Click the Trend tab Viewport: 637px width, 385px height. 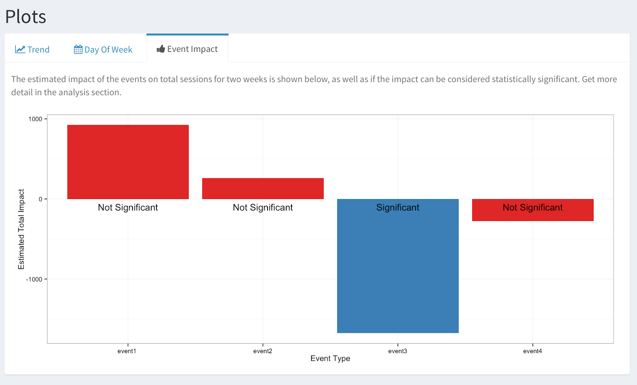[x=32, y=49]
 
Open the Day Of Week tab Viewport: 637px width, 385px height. [x=103, y=49]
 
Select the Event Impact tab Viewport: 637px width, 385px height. [x=188, y=49]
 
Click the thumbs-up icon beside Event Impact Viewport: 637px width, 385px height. [x=161, y=49]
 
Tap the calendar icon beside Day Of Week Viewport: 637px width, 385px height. [x=78, y=49]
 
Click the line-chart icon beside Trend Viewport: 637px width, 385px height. [x=20, y=49]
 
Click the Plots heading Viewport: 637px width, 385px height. [x=25, y=17]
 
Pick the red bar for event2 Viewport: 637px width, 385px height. [x=263, y=188]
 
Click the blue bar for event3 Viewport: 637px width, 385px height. [x=398, y=271]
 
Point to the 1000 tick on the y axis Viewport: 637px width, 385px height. [x=35, y=119]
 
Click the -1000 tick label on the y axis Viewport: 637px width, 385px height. [x=34, y=279]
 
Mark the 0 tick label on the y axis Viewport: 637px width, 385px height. [x=40, y=199]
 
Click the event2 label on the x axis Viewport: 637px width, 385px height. [x=263, y=351]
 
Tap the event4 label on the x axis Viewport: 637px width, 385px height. [x=533, y=351]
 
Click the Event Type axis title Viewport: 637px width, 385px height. [x=330, y=358]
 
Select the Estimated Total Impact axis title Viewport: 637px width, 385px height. [x=21, y=229]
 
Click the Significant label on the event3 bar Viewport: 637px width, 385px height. [x=398, y=207]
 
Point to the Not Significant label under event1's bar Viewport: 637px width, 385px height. [x=128, y=207]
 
